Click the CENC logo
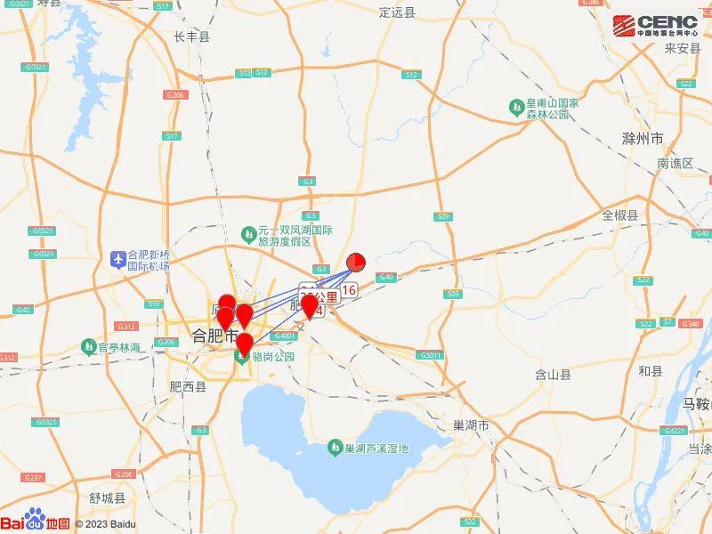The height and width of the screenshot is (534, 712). [x=656, y=24]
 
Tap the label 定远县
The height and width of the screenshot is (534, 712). [x=397, y=12]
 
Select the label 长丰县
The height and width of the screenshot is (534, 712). [x=191, y=36]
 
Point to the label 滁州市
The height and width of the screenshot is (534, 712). [x=643, y=140]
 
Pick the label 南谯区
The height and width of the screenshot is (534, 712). [x=675, y=164]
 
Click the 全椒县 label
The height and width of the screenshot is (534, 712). [x=620, y=215]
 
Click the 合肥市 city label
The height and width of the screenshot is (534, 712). [x=214, y=336]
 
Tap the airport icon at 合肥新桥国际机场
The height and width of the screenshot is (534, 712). [x=117, y=258]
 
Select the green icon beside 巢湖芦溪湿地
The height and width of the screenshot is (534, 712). [x=335, y=446]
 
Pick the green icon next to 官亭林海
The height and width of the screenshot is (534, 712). [x=89, y=345]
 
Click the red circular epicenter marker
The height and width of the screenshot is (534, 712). [x=355, y=261]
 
